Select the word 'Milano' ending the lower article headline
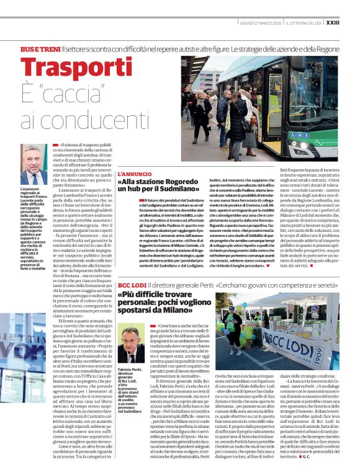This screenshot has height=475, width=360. click(x=172, y=326)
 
